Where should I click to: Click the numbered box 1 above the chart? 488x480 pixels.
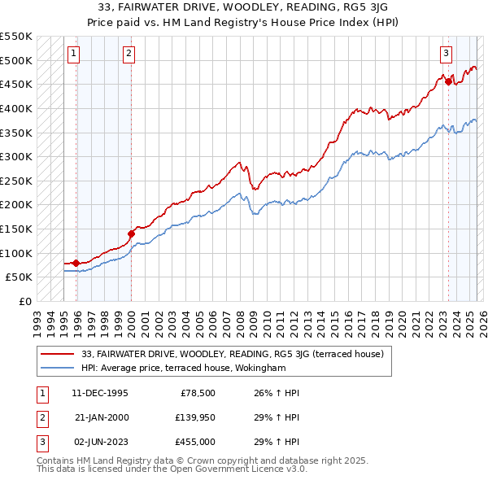point(73,55)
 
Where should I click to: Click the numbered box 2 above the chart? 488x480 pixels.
point(129,55)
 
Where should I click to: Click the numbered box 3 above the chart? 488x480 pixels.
point(447,55)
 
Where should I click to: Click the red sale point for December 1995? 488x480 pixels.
point(76,263)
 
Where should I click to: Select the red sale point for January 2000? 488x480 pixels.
point(131,233)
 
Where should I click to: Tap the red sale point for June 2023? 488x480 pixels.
point(448,81)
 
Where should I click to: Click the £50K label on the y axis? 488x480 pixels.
point(19,277)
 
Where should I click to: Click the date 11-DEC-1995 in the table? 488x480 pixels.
point(100,393)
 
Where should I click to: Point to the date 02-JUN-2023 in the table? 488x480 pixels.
point(100,442)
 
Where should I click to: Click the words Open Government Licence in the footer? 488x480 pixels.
point(230,469)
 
